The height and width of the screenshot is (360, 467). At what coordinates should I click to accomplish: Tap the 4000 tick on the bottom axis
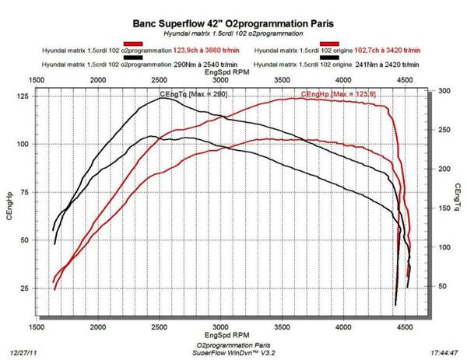coord(343,328)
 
